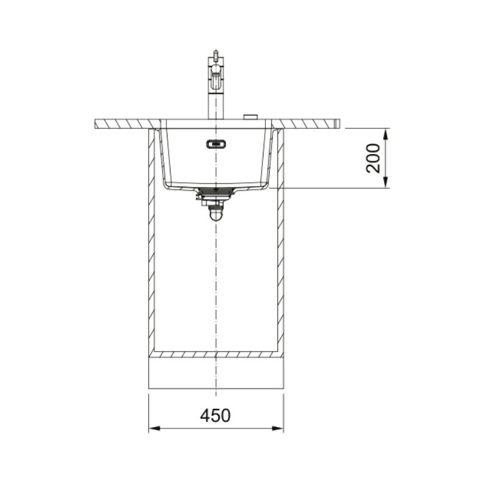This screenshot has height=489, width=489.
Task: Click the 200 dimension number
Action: point(373,158)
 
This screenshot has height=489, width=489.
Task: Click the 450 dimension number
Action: point(216,416)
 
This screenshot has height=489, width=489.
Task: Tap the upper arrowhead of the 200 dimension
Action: point(386,135)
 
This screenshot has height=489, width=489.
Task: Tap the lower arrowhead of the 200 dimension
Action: point(386,182)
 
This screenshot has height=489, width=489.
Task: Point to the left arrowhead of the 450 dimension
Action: point(155,428)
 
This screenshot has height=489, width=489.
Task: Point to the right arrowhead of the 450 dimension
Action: point(278,428)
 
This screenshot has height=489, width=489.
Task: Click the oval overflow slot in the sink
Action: point(216,144)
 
